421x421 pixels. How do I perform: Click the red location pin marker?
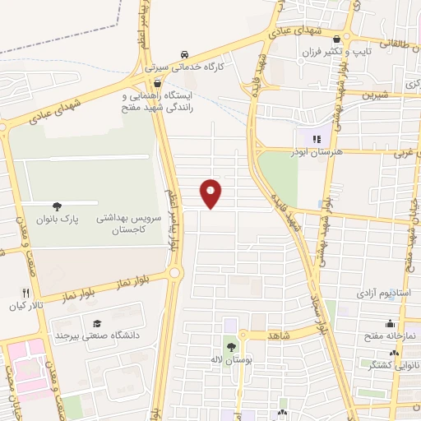click(211, 192)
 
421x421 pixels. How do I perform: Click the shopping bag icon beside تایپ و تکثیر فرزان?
click(336, 39)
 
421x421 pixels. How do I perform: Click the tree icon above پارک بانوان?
click(57, 206)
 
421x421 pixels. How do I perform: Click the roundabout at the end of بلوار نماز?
click(174, 273)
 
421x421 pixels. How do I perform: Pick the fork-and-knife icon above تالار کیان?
click(25, 292)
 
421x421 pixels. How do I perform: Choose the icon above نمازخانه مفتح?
click(389, 324)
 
